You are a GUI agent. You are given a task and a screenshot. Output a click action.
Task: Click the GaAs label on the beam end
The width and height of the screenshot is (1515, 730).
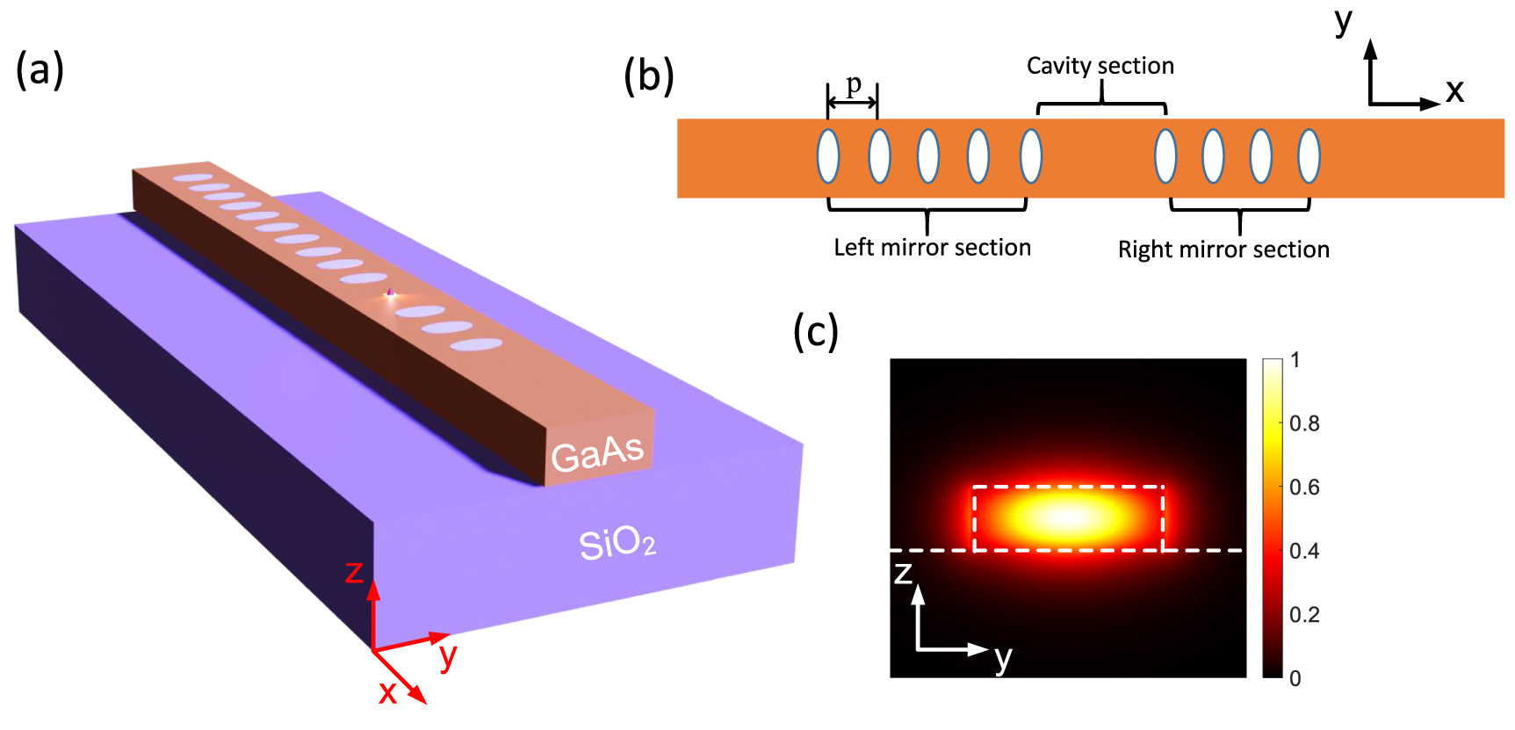598,453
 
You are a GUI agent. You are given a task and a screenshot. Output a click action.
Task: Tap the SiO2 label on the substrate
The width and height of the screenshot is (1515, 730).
617,544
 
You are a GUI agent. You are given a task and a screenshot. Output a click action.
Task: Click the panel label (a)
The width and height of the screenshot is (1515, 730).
40,70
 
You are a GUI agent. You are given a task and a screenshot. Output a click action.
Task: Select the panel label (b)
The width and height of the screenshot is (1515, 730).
648,76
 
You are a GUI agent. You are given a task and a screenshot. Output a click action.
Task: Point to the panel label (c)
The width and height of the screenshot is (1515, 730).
816,331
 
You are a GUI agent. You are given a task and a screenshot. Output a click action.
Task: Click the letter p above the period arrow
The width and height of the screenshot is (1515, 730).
854,84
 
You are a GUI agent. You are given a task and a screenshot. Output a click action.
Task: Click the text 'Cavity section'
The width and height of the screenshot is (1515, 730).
1100,66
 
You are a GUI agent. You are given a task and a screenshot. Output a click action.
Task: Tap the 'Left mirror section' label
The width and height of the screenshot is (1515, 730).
932,248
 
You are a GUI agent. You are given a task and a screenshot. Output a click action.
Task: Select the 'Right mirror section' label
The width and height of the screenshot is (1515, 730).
1223,249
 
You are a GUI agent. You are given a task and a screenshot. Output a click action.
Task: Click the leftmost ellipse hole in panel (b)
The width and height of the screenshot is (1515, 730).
828,156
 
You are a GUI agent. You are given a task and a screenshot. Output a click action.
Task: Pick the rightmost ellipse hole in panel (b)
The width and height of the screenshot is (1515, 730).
1309,156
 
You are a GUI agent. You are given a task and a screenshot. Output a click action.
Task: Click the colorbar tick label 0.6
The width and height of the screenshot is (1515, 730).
1304,488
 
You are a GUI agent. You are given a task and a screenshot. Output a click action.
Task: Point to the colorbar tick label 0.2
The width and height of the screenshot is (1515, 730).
1304,615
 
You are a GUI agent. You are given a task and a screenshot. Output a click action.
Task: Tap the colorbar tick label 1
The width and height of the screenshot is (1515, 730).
1295,360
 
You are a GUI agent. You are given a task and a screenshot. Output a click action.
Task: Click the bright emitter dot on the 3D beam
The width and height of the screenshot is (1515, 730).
390,293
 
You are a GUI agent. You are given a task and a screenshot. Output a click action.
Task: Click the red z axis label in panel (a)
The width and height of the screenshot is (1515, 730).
354,573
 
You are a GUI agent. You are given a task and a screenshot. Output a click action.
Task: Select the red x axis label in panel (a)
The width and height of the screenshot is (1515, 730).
387,693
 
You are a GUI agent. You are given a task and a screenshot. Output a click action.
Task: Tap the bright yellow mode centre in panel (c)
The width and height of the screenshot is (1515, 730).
1066,517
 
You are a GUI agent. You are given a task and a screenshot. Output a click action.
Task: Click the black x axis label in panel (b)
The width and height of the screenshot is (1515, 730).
1454,90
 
